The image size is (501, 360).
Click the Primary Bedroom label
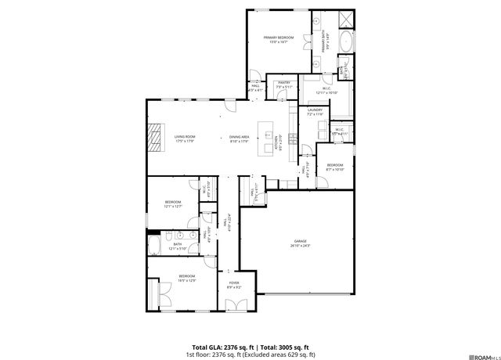click(279, 39)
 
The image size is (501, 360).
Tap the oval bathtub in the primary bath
click(345, 41)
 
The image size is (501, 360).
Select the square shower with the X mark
click(346, 19)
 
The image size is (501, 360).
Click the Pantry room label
click(283, 84)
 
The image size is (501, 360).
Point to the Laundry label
click(315, 112)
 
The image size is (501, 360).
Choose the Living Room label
click(185, 139)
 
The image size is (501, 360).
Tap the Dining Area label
click(240, 139)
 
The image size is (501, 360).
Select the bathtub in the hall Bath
click(157, 247)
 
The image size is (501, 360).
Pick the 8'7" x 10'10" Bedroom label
click(334, 167)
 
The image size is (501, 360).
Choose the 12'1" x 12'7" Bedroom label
click(173, 205)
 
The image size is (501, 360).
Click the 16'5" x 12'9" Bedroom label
click(186, 278)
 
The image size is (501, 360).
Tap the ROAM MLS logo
click(479, 354)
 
